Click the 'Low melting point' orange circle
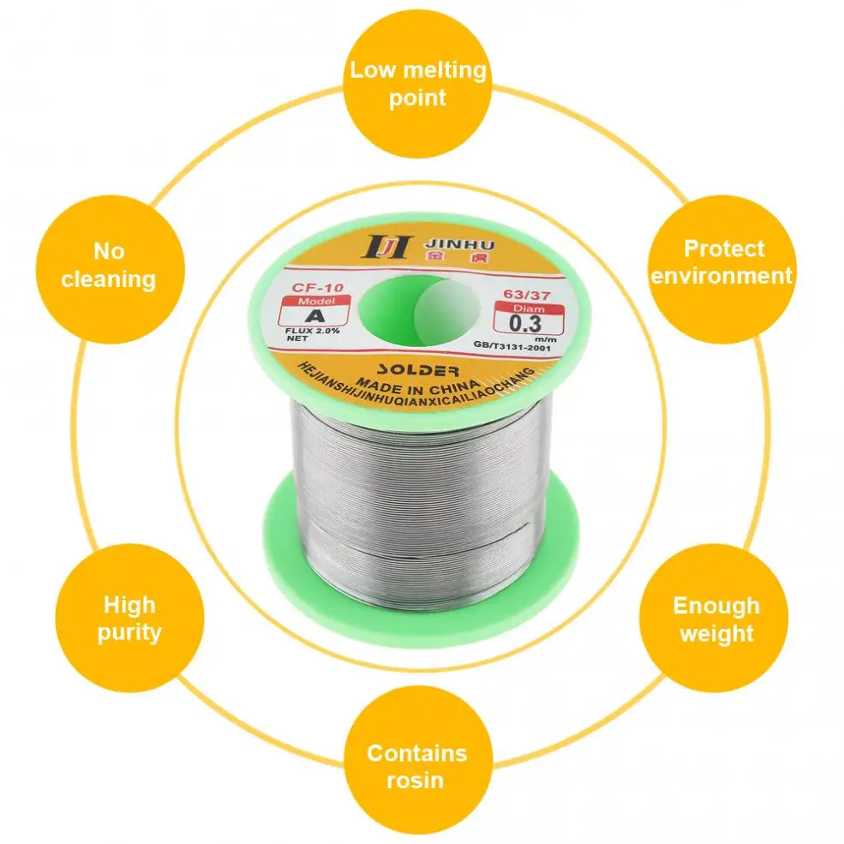[417, 83]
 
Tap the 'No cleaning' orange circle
[109, 265]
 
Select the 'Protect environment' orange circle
[722, 262]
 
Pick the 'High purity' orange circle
[129, 618]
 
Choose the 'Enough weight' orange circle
[715, 619]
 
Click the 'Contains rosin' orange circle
[417, 765]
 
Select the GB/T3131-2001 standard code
[512, 344]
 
